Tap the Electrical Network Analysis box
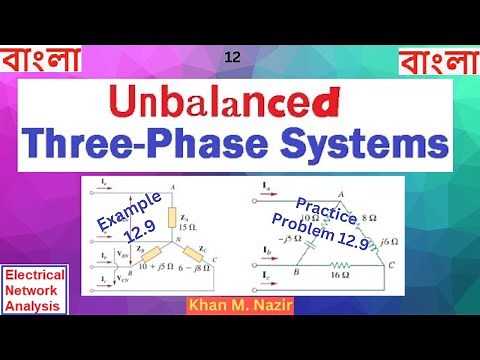coord(34,290)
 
